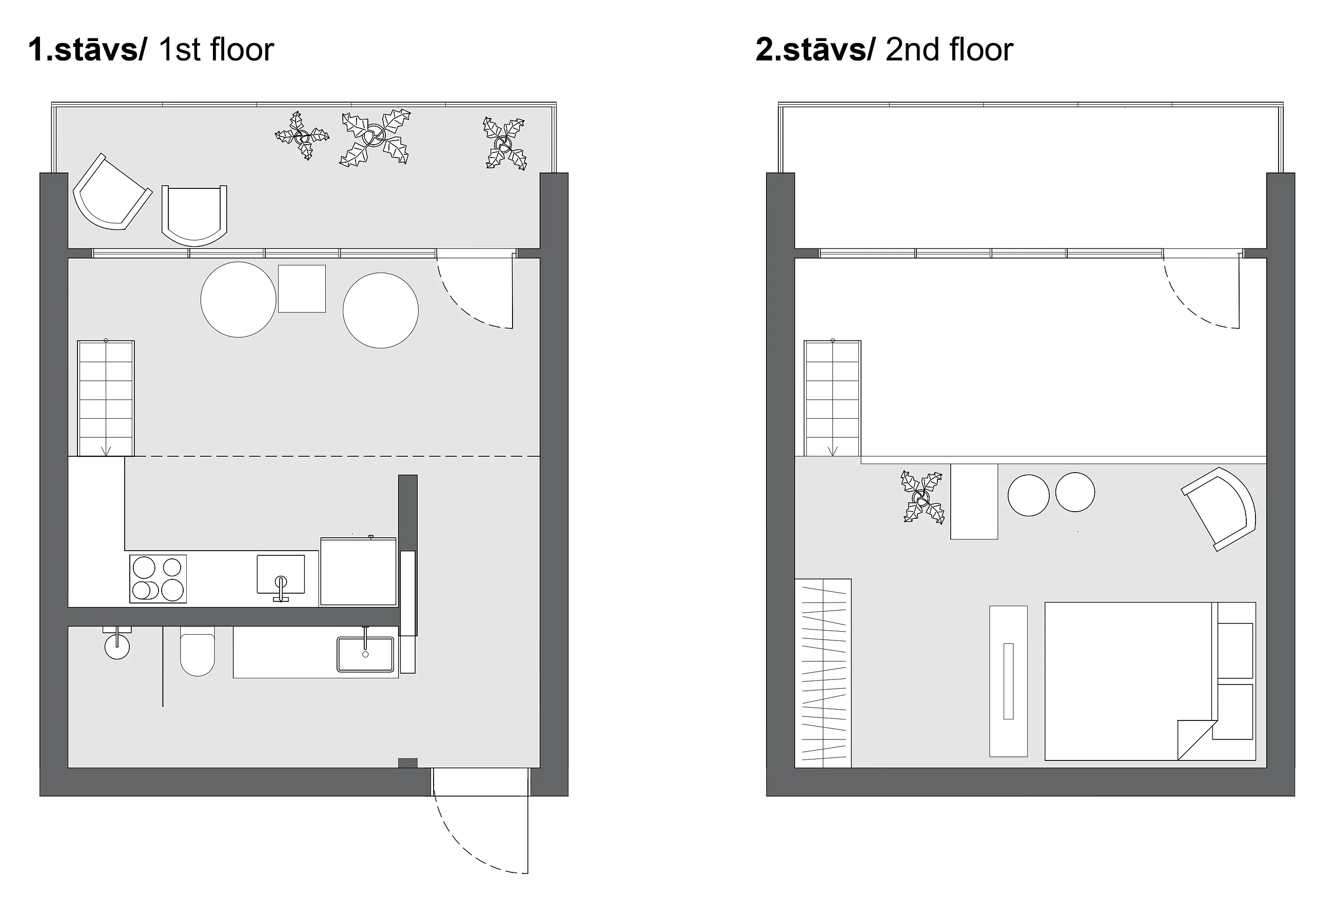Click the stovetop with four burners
point(158,578)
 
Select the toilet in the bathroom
point(198,651)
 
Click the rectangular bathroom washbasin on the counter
point(365,654)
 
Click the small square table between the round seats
point(302,289)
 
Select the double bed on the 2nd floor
point(1150,681)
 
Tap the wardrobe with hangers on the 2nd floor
point(823,673)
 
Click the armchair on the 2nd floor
point(1219,509)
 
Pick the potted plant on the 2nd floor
point(923,498)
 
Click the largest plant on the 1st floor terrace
point(376,138)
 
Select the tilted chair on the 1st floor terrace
point(112,192)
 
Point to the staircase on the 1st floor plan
point(106,398)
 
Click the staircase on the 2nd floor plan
point(833,398)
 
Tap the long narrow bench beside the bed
point(1009,680)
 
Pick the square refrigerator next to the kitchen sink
point(359,571)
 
